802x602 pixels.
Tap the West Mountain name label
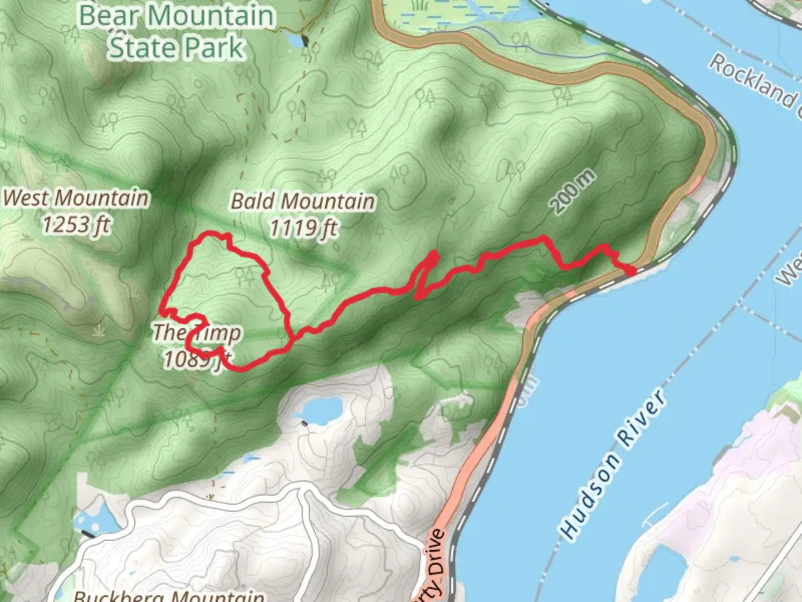coord(76,198)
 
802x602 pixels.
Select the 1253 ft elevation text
coord(76,225)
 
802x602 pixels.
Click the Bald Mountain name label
coord(303,201)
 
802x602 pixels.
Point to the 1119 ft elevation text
coord(304,227)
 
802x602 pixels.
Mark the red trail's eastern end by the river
coord(633,271)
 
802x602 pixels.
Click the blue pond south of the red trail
coord(319,410)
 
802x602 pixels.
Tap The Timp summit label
coord(198,333)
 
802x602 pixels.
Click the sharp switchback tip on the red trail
coord(434,254)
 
